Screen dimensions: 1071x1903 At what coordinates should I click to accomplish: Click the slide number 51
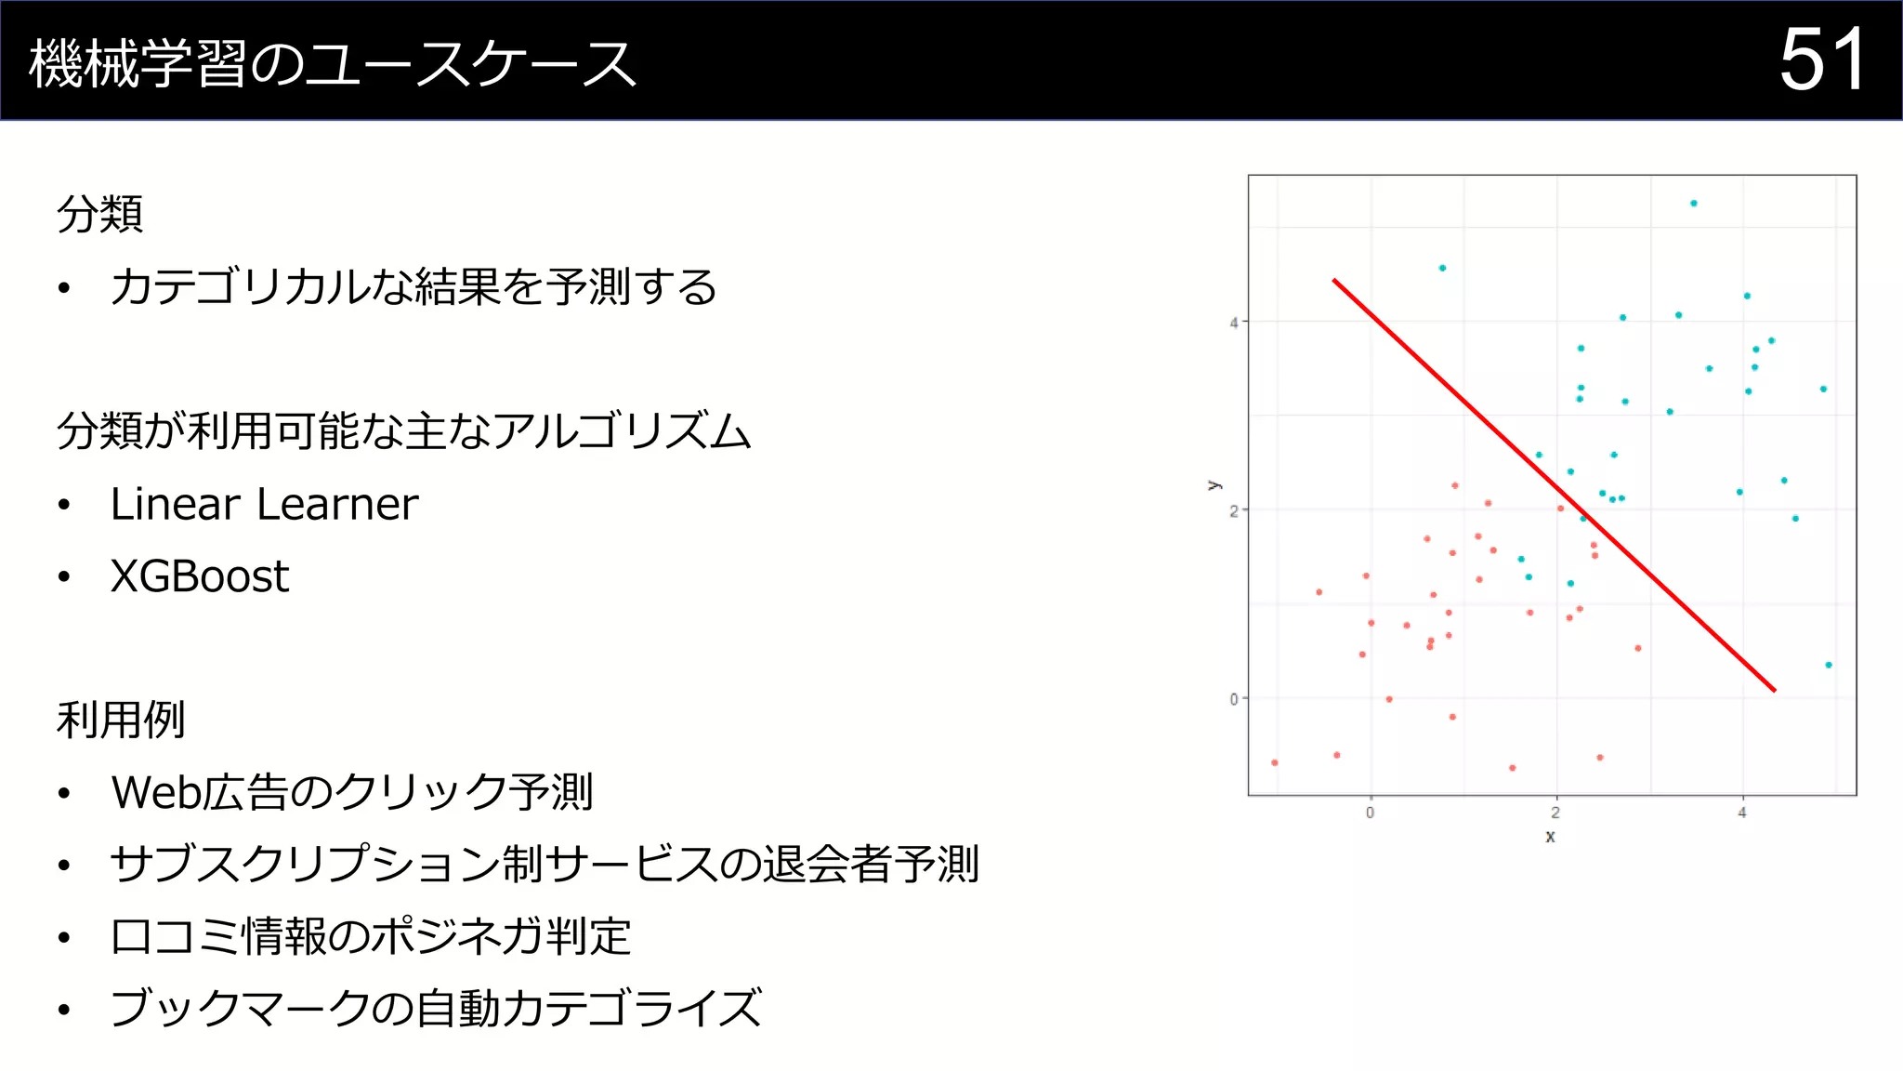[1821, 60]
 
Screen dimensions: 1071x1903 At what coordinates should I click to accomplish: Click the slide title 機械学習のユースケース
[332, 64]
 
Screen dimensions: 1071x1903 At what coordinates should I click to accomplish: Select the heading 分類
[99, 214]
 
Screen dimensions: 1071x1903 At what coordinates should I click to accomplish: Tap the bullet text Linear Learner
[264, 505]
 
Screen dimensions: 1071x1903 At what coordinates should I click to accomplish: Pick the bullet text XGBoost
[200, 576]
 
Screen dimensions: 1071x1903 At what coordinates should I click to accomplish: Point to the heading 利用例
[121, 721]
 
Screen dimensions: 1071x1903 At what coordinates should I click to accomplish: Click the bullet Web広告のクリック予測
[351, 793]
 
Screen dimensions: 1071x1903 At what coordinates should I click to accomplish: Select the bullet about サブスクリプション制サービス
[544, 865]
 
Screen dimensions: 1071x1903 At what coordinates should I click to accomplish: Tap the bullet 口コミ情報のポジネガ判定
[370, 937]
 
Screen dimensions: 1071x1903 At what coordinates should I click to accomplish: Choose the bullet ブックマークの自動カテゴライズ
[435, 1009]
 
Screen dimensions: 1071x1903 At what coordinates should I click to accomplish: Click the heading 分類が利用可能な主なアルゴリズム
[403, 431]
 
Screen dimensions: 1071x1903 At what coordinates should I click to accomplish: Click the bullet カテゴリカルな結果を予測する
[413, 287]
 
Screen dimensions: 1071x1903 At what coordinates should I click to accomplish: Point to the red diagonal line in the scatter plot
[1554, 484]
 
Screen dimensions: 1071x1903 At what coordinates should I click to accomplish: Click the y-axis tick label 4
[1234, 323]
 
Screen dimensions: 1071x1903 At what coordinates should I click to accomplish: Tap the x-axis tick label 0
[1370, 813]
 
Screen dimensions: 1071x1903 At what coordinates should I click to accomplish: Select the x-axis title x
[1550, 837]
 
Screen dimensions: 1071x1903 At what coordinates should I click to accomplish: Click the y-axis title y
[1214, 485]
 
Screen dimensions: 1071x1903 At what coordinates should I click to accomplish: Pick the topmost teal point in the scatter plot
[1694, 203]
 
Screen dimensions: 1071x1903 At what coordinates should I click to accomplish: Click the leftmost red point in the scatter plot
[1275, 762]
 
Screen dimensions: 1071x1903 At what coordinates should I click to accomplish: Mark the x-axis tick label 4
[1742, 813]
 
